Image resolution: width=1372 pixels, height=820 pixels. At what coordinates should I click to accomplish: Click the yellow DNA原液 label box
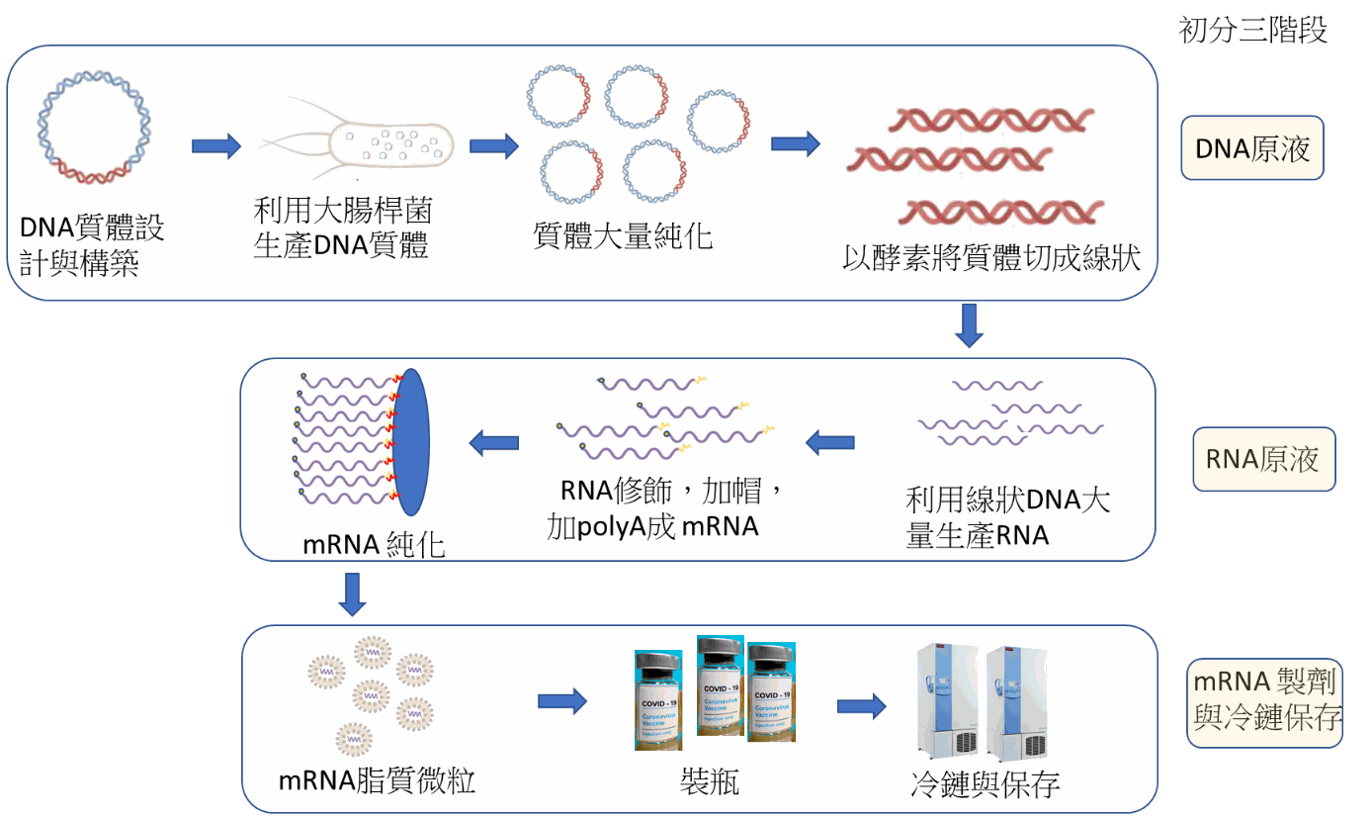pos(1251,149)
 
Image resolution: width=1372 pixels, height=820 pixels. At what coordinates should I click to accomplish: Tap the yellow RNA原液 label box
pos(1262,459)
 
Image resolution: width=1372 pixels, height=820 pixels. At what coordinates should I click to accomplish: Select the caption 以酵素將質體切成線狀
pos(991,258)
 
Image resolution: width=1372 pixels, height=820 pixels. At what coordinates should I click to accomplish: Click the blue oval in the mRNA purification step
pos(411,441)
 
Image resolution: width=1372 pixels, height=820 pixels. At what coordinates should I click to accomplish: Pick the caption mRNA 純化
pos(375,544)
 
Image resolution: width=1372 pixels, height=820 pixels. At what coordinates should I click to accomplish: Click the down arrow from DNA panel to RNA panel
pos(969,326)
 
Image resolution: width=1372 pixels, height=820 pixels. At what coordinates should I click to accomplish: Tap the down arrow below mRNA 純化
pos(352,593)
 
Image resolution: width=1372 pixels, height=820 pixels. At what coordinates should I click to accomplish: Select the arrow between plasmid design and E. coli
pos(216,146)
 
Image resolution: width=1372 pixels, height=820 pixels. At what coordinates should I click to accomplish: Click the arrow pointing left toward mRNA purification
pos(493,442)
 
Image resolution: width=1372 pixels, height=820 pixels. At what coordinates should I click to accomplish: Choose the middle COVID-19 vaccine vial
pos(720,684)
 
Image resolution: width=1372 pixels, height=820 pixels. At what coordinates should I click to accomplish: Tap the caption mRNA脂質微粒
pos(377,781)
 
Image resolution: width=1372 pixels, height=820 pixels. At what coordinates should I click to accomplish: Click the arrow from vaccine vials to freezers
pos(861,706)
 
